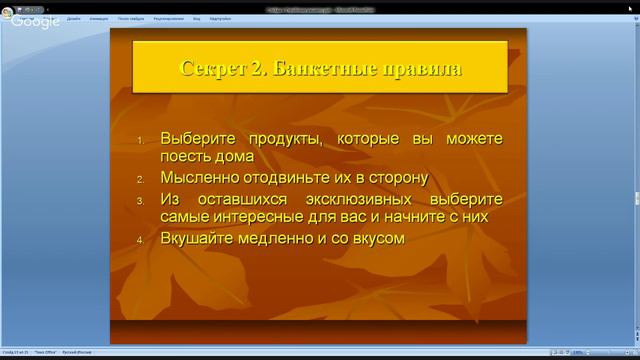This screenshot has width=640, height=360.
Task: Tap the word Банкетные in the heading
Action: point(323,69)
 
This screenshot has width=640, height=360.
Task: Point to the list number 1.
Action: point(141,139)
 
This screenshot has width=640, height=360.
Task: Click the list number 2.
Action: point(141,178)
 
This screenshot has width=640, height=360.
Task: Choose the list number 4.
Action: point(141,239)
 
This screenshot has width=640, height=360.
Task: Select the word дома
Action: point(233,157)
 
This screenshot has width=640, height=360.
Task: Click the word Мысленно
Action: point(201,178)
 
